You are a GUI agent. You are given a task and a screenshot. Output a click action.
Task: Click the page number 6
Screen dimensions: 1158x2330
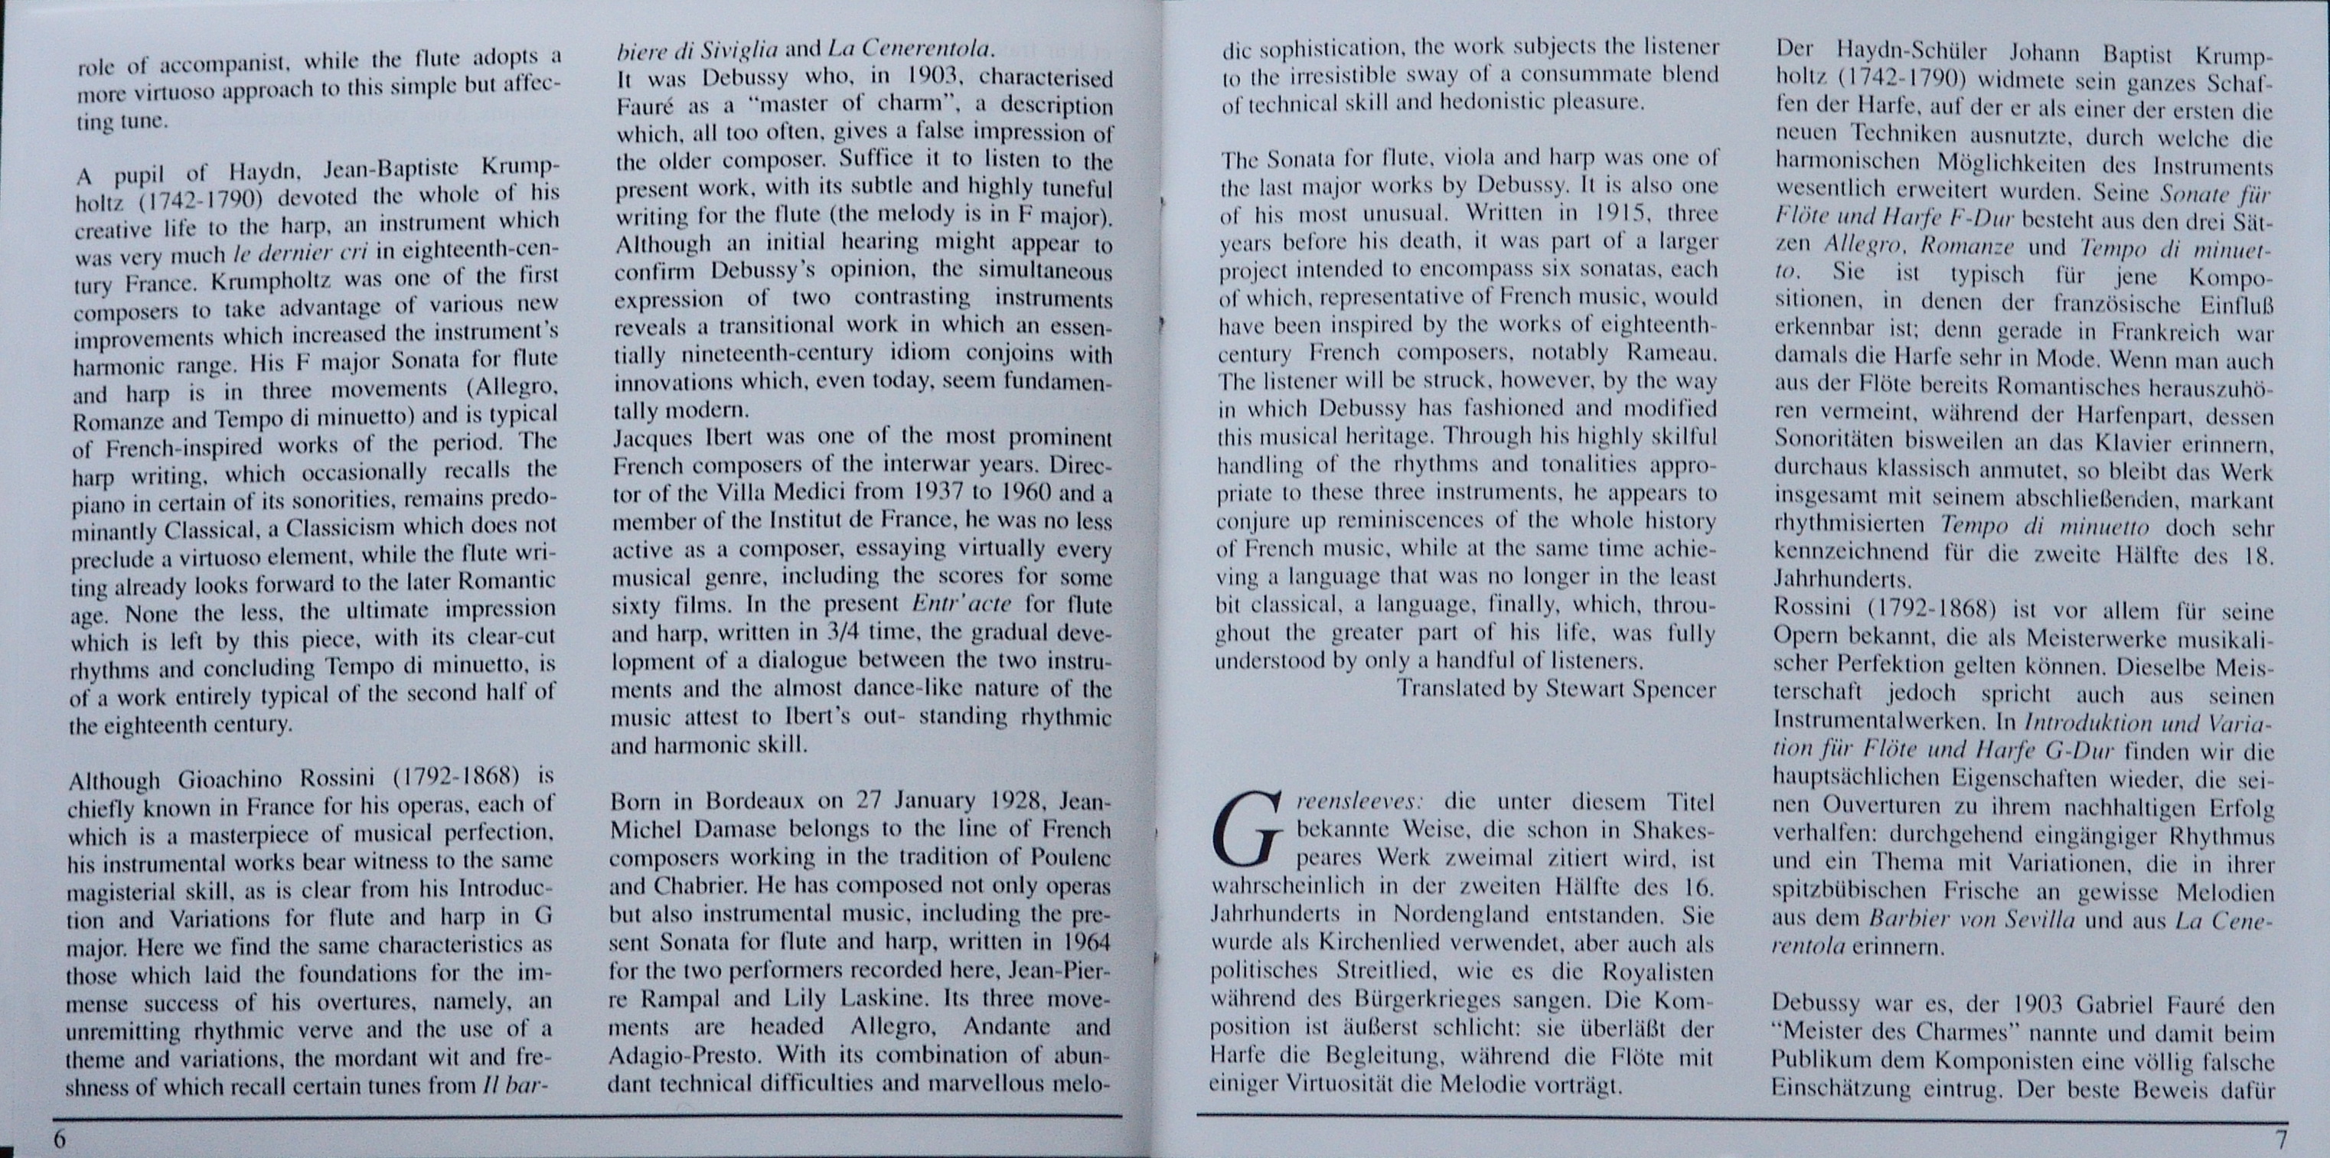tap(60, 1138)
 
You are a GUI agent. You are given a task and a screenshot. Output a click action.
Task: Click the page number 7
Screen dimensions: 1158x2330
tap(2280, 1138)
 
